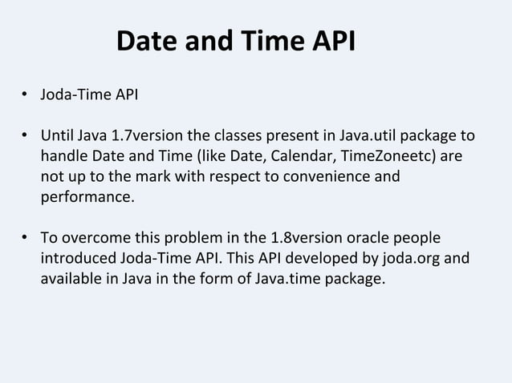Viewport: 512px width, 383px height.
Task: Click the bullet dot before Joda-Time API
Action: coord(26,96)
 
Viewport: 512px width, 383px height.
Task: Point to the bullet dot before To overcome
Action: coord(26,239)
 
